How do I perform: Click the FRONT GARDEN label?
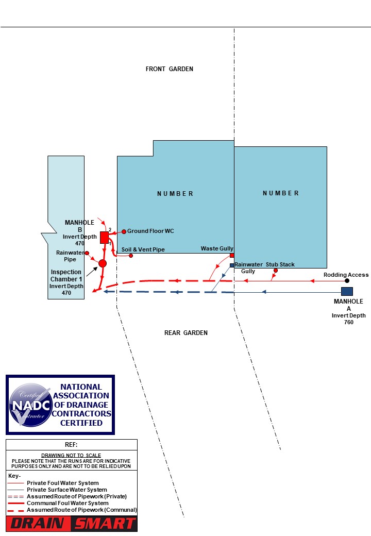click(169, 69)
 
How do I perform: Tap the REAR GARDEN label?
click(186, 333)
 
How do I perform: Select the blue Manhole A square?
click(347, 291)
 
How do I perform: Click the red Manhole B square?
click(104, 237)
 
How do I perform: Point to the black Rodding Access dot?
click(347, 281)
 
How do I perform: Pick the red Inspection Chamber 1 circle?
click(103, 263)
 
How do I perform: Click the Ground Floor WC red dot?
click(124, 231)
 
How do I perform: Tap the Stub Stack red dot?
click(276, 271)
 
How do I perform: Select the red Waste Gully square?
click(232, 255)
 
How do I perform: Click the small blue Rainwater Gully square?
click(232, 265)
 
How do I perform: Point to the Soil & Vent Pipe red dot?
click(131, 256)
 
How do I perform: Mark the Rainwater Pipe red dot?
click(87, 253)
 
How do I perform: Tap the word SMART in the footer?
click(104, 524)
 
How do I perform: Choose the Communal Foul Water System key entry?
click(68, 503)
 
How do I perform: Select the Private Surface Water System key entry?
click(67, 490)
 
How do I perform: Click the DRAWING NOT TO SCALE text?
click(71, 456)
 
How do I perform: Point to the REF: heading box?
click(71, 445)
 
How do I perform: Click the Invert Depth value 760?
click(348, 322)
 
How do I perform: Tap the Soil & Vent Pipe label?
click(143, 249)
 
